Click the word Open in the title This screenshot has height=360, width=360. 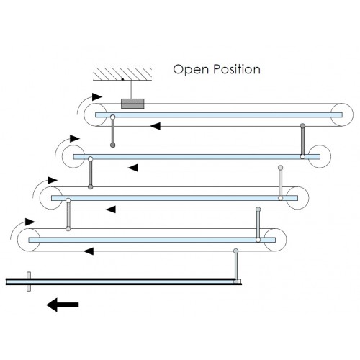pos(191,70)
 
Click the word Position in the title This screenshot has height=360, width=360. pos(237,69)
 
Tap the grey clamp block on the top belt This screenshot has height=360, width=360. pos(132,104)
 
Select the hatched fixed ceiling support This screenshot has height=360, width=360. pos(122,74)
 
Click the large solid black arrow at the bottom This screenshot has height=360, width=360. pos(63,305)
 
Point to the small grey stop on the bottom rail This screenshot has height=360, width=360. pos(29,282)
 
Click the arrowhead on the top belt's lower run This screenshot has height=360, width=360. pos(156,126)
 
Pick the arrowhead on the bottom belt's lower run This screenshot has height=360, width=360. pos(89,251)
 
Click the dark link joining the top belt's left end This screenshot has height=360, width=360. pos(113,131)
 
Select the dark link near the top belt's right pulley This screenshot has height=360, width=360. pos(302,141)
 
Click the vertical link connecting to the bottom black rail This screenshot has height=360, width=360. pos(236,266)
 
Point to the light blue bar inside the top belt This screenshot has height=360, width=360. pos(219,115)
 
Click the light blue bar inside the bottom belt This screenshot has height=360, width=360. pos(152,240)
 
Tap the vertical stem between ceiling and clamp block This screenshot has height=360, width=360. pos(133,89)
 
